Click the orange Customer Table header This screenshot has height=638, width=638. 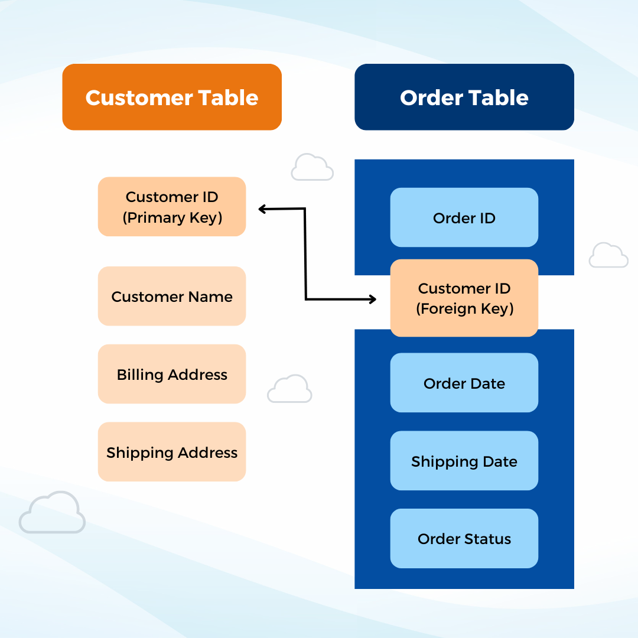click(172, 97)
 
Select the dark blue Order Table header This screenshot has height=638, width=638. click(464, 97)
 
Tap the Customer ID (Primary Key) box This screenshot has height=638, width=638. click(172, 207)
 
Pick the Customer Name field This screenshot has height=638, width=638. click(172, 296)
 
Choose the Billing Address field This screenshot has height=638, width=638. click(172, 374)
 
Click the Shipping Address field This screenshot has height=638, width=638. click(172, 452)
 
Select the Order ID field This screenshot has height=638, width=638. click(464, 217)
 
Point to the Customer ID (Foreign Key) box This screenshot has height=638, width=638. click(464, 298)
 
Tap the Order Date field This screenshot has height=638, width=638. click(464, 383)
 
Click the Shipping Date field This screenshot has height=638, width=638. click(464, 461)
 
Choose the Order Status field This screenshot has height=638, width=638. click(464, 538)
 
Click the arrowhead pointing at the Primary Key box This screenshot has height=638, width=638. click(262, 209)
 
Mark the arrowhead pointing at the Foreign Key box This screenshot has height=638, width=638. click(373, 300)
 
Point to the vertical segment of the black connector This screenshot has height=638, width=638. click(305, 254)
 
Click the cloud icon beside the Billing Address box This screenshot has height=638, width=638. click(289, 389)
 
